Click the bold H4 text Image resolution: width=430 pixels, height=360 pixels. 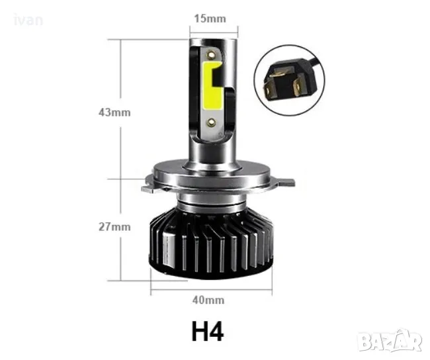(207, 331)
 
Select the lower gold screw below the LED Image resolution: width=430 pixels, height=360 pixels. (212, 120)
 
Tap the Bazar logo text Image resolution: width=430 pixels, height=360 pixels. (396, 342)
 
